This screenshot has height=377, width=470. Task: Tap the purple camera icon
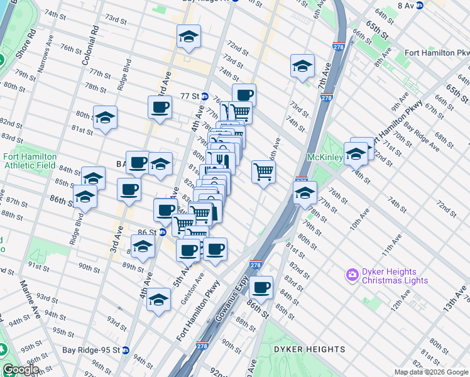[x=352, y=275]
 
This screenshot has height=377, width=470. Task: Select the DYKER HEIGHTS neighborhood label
[x=309, y=349]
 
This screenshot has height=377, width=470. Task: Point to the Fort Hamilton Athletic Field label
[x=30, y=161]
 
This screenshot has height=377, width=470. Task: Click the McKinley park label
[x=323, y=157]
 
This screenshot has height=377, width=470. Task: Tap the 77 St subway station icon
[x=205, y=96]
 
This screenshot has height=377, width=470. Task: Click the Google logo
[x=20, y=369]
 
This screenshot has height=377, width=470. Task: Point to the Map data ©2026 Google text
[x=431, y=372]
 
